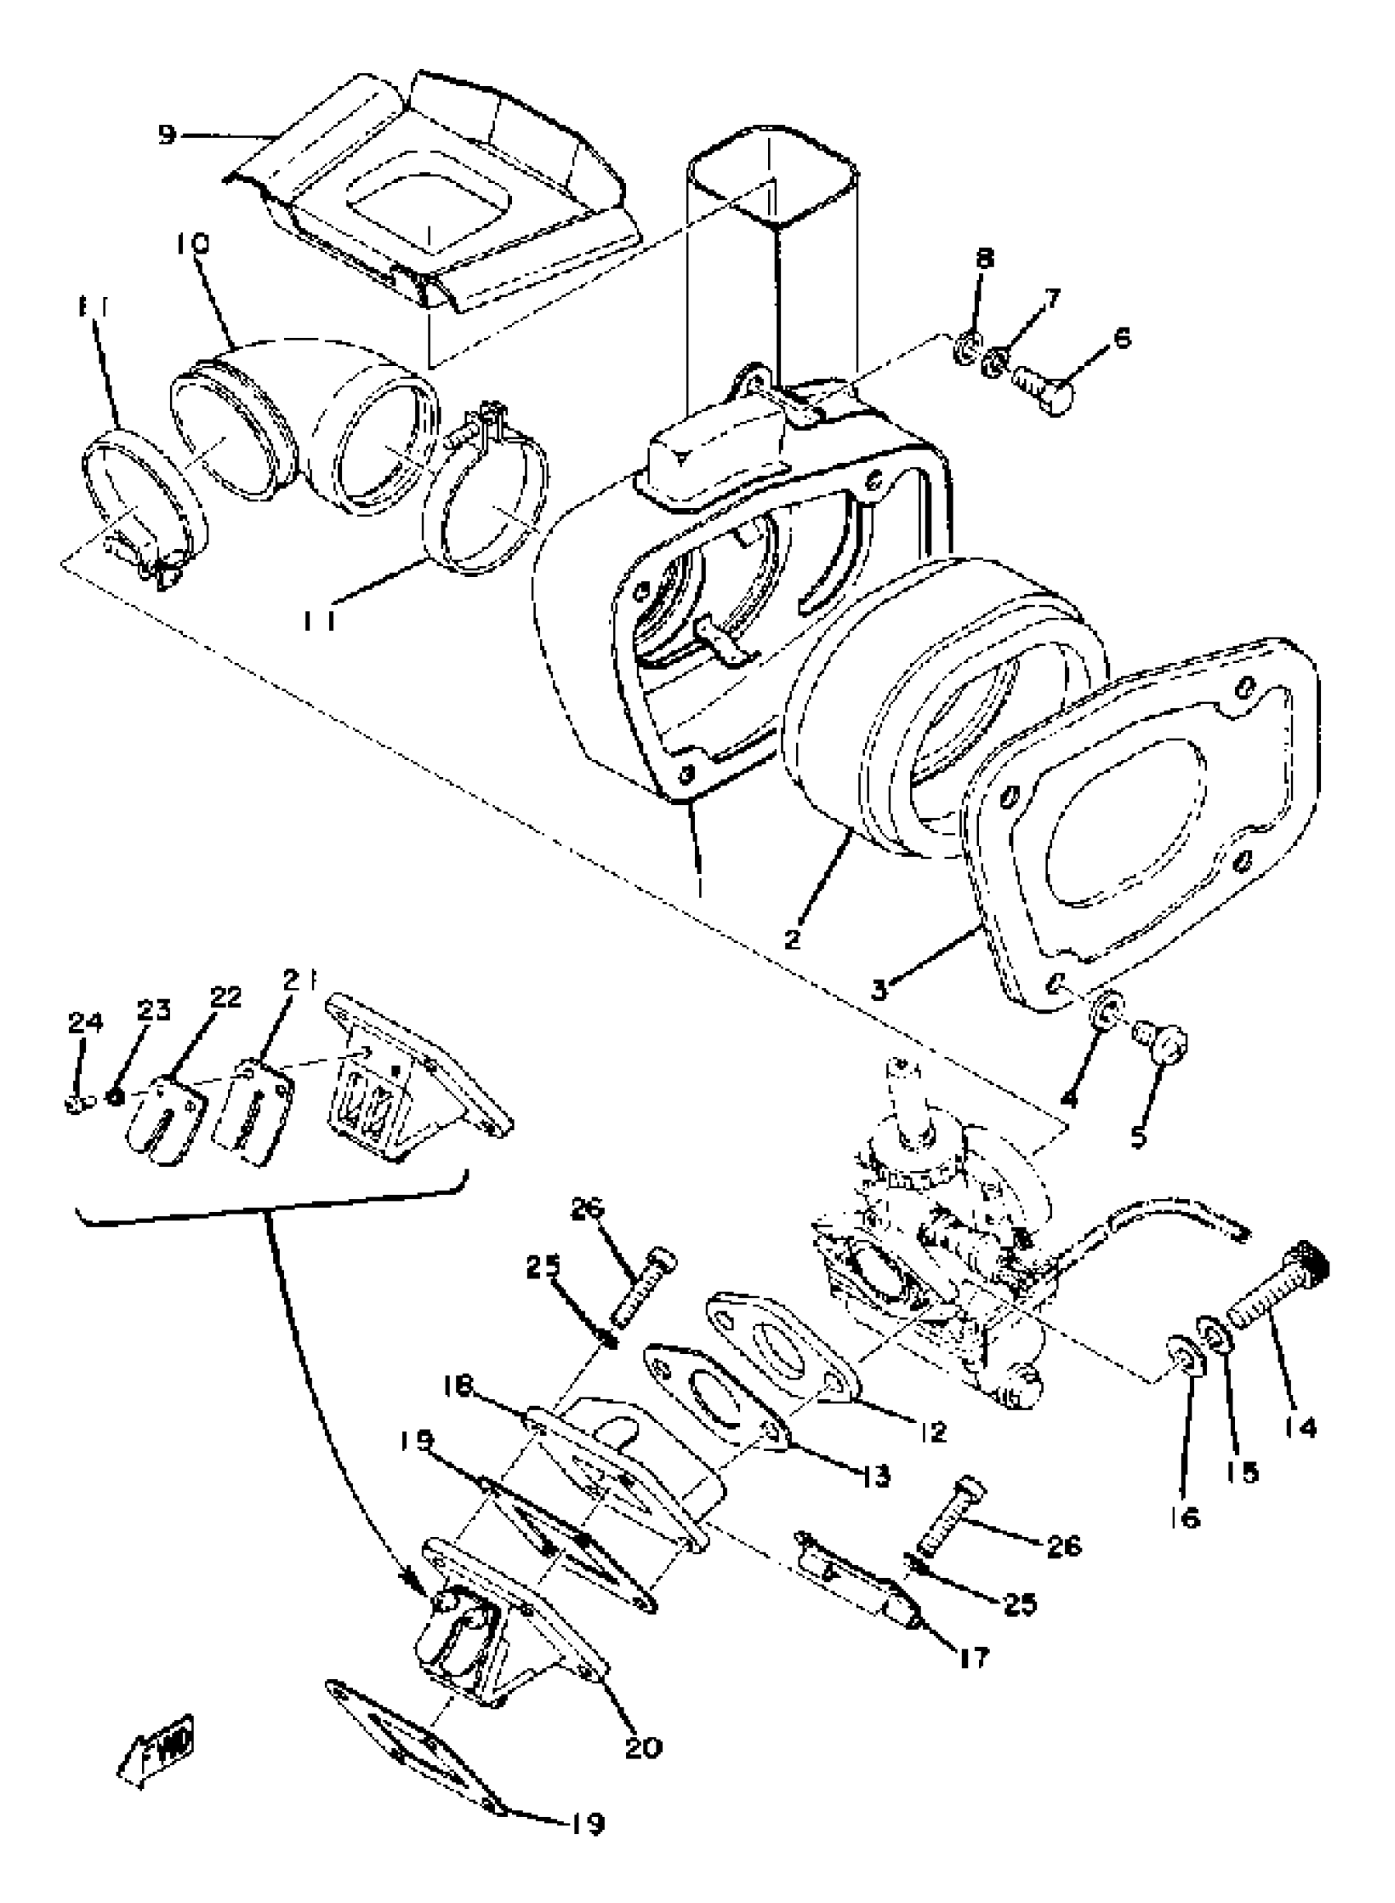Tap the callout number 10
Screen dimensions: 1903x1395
point(194,245)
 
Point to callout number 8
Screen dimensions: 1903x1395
point(985,258)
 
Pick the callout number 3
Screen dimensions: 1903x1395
point(880,990)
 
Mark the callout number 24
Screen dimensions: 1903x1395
point(85,1023)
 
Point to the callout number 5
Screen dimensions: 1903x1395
point(1139,1137)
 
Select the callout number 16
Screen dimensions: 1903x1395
point(1186,1518)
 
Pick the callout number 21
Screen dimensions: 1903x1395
point(296,979)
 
